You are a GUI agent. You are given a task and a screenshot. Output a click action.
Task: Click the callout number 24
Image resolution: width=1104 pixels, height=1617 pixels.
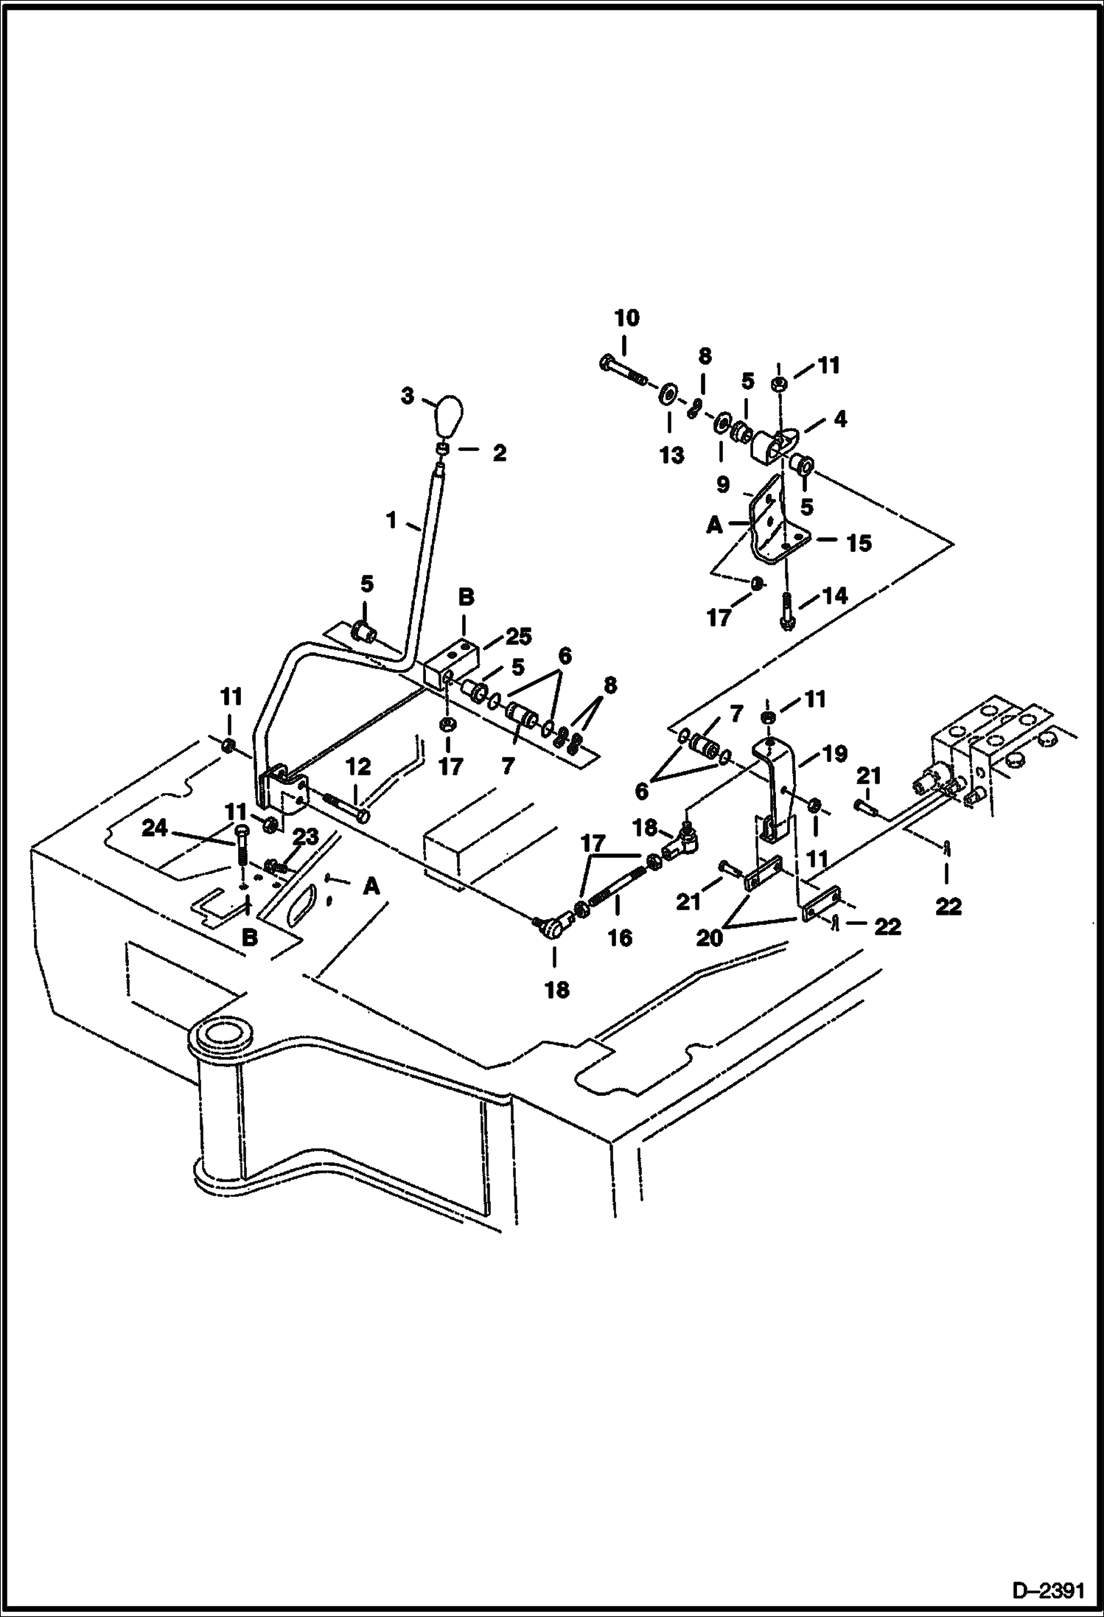click(155, 829)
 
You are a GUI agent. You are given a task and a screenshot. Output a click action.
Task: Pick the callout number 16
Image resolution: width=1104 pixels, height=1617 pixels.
click(620, 937)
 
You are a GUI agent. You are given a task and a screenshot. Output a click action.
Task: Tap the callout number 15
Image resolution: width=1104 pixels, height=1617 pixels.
click(859, 543)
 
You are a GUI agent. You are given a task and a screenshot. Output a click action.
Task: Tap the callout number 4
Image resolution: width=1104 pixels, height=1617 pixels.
click(839, 419)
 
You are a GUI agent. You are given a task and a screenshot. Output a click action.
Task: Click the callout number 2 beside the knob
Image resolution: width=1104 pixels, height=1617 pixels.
click(499, 453)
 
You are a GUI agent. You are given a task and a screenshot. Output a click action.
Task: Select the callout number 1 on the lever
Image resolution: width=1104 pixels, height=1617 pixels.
click(391, 521)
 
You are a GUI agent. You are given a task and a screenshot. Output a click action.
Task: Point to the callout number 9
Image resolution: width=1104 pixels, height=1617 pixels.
click(722, 484)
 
